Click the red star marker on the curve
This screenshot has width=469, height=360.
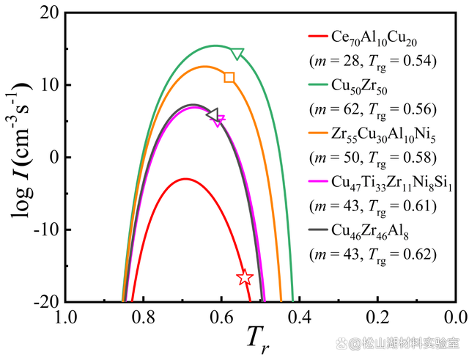(245, 277)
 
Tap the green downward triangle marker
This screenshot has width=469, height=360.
(237, 54)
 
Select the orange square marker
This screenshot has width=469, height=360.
(229, 78)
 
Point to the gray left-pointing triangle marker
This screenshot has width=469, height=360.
(213, 114)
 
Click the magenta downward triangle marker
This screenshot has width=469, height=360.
(219, 120)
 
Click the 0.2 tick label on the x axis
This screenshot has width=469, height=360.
(378, 316)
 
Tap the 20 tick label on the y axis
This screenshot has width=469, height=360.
(49, 13)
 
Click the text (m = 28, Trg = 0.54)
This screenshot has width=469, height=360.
(372, 61)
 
